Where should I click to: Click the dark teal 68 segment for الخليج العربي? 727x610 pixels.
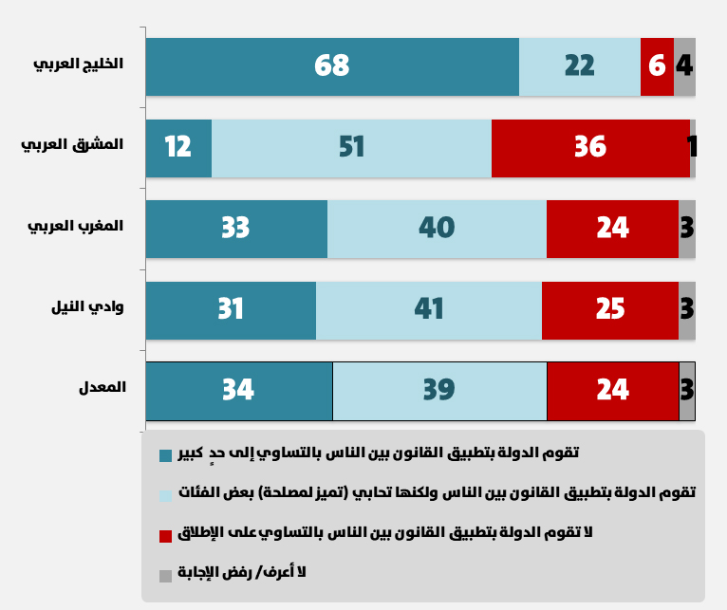pos(332,66)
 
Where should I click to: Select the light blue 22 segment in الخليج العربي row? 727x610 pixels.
pos(580,66)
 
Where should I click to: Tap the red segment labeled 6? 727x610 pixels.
pos(657,66)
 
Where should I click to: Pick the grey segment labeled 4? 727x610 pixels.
pos(684,66)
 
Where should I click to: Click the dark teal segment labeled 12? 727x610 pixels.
pos(178,148)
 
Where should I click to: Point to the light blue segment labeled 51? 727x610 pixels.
pos(351,148)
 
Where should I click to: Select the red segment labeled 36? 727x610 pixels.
pos(590,148)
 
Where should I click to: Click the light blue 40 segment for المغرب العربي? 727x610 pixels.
pos(437,229)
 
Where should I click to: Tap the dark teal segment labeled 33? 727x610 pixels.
pos(236,229)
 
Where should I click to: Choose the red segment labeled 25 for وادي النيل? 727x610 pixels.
pos(610,310)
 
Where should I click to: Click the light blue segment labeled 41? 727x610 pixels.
pos(429,310)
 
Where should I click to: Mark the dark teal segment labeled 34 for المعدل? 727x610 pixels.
pos(239,391)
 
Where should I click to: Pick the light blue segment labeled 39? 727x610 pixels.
pos(439,391)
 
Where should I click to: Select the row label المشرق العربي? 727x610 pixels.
pos(73,144)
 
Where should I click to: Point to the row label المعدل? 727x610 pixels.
pos(103,388)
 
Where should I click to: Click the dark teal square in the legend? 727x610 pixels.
pos(166,455)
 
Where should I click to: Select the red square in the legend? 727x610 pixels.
pos(166,536)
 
